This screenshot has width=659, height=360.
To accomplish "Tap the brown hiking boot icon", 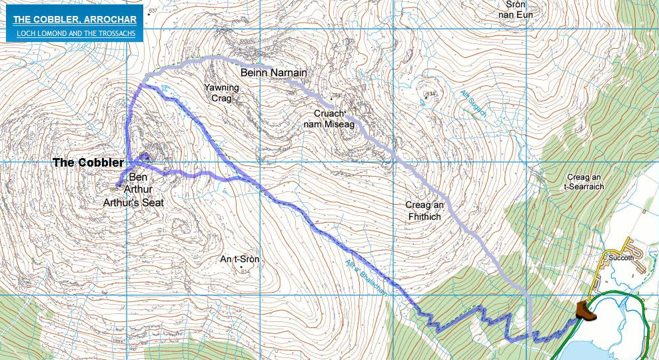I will pyautogui.click(x=584, y=311).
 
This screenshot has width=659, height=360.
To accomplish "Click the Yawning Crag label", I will pyautogui.click(x=221, y=93).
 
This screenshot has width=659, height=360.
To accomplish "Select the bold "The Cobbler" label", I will pyautogui.click(x=88, y=163).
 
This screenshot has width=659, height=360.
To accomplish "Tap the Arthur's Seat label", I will pyautogui.click(x=133, y=202).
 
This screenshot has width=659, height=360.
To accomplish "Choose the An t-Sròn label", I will pyautogui.click(x=239, y=259).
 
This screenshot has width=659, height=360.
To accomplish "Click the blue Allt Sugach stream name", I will pyautogui.click(x=474, y=105).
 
